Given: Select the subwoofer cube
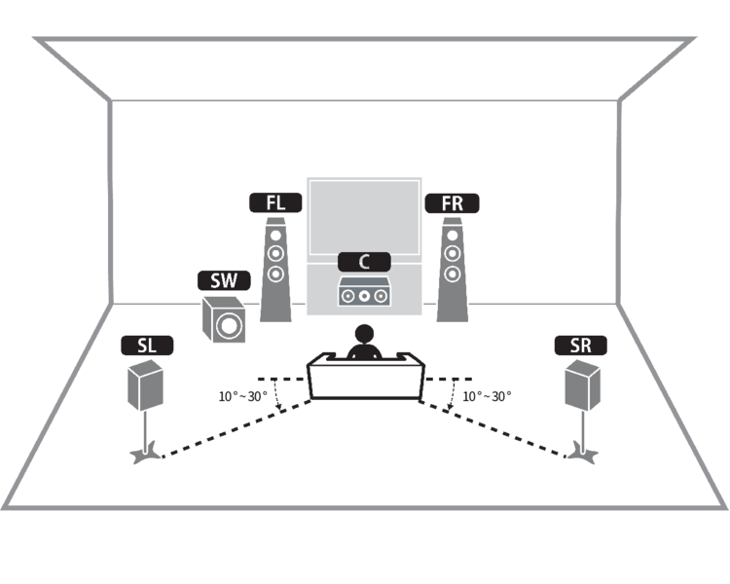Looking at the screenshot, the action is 222,320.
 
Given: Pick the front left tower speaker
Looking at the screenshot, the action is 276,270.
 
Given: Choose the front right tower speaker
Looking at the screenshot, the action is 450,270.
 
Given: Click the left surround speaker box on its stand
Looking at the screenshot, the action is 146,384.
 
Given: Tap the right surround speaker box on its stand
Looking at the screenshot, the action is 582,384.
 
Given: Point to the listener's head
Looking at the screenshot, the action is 364,336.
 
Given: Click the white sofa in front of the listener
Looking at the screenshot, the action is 366,380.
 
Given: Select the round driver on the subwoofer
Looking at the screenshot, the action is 228,324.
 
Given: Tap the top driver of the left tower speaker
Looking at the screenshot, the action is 276,235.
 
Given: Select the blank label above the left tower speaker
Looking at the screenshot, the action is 274,202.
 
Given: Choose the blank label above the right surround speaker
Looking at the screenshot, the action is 581,345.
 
